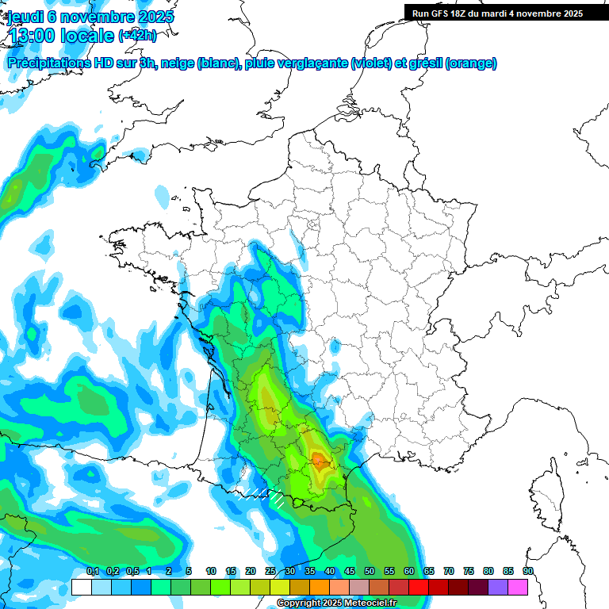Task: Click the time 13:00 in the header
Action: click(x=40, y=35)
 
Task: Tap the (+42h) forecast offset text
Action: click(x=137, y=35)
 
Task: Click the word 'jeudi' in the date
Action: click(x=26, y=17)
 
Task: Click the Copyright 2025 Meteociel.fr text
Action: click(x=336, y=603)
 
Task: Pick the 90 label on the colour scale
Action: click(x=528, y=572)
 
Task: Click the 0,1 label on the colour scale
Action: click(x=92, y=572)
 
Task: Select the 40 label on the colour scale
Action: click(x=330, y=572)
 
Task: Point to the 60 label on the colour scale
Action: click(x=409, y=572)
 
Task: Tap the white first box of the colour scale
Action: click(x=81, y=587)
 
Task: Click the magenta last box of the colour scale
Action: click(x=518, y=587)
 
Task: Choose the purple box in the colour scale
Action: click(x=498, y=587)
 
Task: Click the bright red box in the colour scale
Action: click(x=419, y=587)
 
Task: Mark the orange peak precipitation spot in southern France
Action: click(x=320, y=459)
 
